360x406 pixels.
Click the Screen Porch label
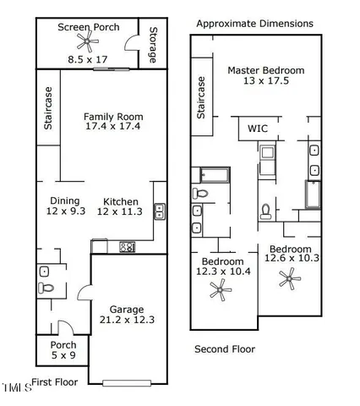pyautogui.click(x=87, y=28)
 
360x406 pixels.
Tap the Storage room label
pyautogui.click(x=152, y=47)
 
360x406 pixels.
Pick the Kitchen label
pyautogui.click(x=121, y=201)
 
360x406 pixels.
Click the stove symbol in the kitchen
pyautogui.click(x=128, y=247)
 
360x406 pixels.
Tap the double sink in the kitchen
pyautogui.click(x=159, y=213)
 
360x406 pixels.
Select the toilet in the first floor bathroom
pyautogui.click(x=47, y=288)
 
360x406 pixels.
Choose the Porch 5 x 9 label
pyautogui.click(x=63, y=350)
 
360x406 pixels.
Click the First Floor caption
pyautogui.click(x=55, y=382)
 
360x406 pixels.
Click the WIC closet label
pyautogui.click(x=257, y=129)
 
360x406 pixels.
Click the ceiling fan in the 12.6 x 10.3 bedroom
pyautogui.click(x=290, y=279)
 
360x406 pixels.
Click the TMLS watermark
pyautogui.click(x=17, y=388)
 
